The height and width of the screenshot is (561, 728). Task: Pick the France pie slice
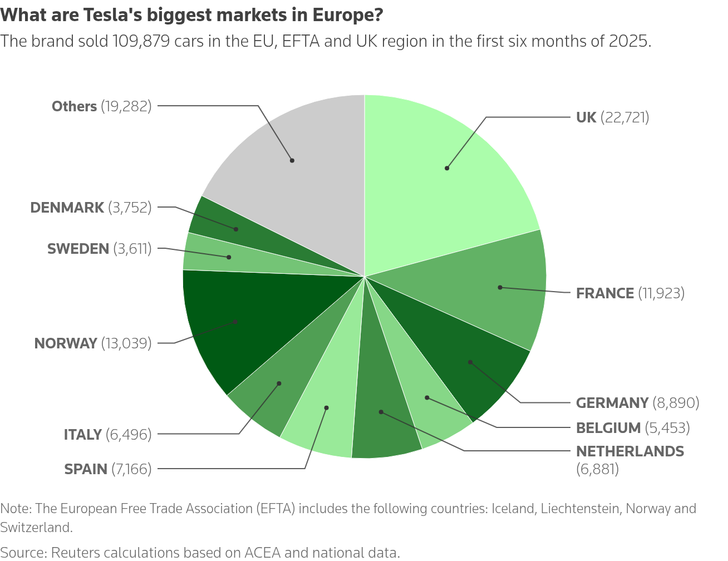point(490,289)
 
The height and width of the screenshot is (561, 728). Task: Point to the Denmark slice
point(223,223)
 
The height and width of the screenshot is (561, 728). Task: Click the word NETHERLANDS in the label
point(629,451)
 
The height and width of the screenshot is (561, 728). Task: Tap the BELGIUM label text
point(608,428)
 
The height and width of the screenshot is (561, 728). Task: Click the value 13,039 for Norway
point(126,343)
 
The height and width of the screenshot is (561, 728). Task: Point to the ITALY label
point(83,434)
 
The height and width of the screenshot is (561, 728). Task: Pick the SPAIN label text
point(86,469)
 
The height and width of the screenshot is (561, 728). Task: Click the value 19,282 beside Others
point(126,106)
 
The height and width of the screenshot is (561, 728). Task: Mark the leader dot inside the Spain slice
point(326,408)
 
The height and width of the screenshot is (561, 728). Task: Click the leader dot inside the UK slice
point(447,168)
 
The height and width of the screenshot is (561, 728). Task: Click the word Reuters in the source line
point(73,553)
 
